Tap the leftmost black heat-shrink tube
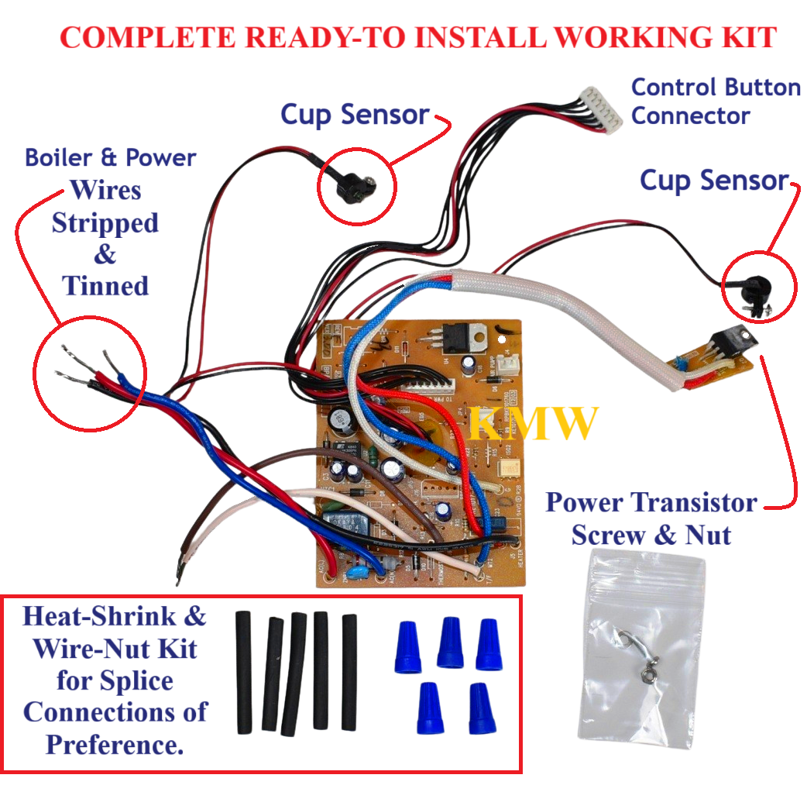click(x=244, y=670)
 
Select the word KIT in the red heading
click(x=746, y=36)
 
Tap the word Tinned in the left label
click(x=105, y=286)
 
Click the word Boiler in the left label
click(x=63, y=158)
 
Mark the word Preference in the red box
click(x=115, y=745)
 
